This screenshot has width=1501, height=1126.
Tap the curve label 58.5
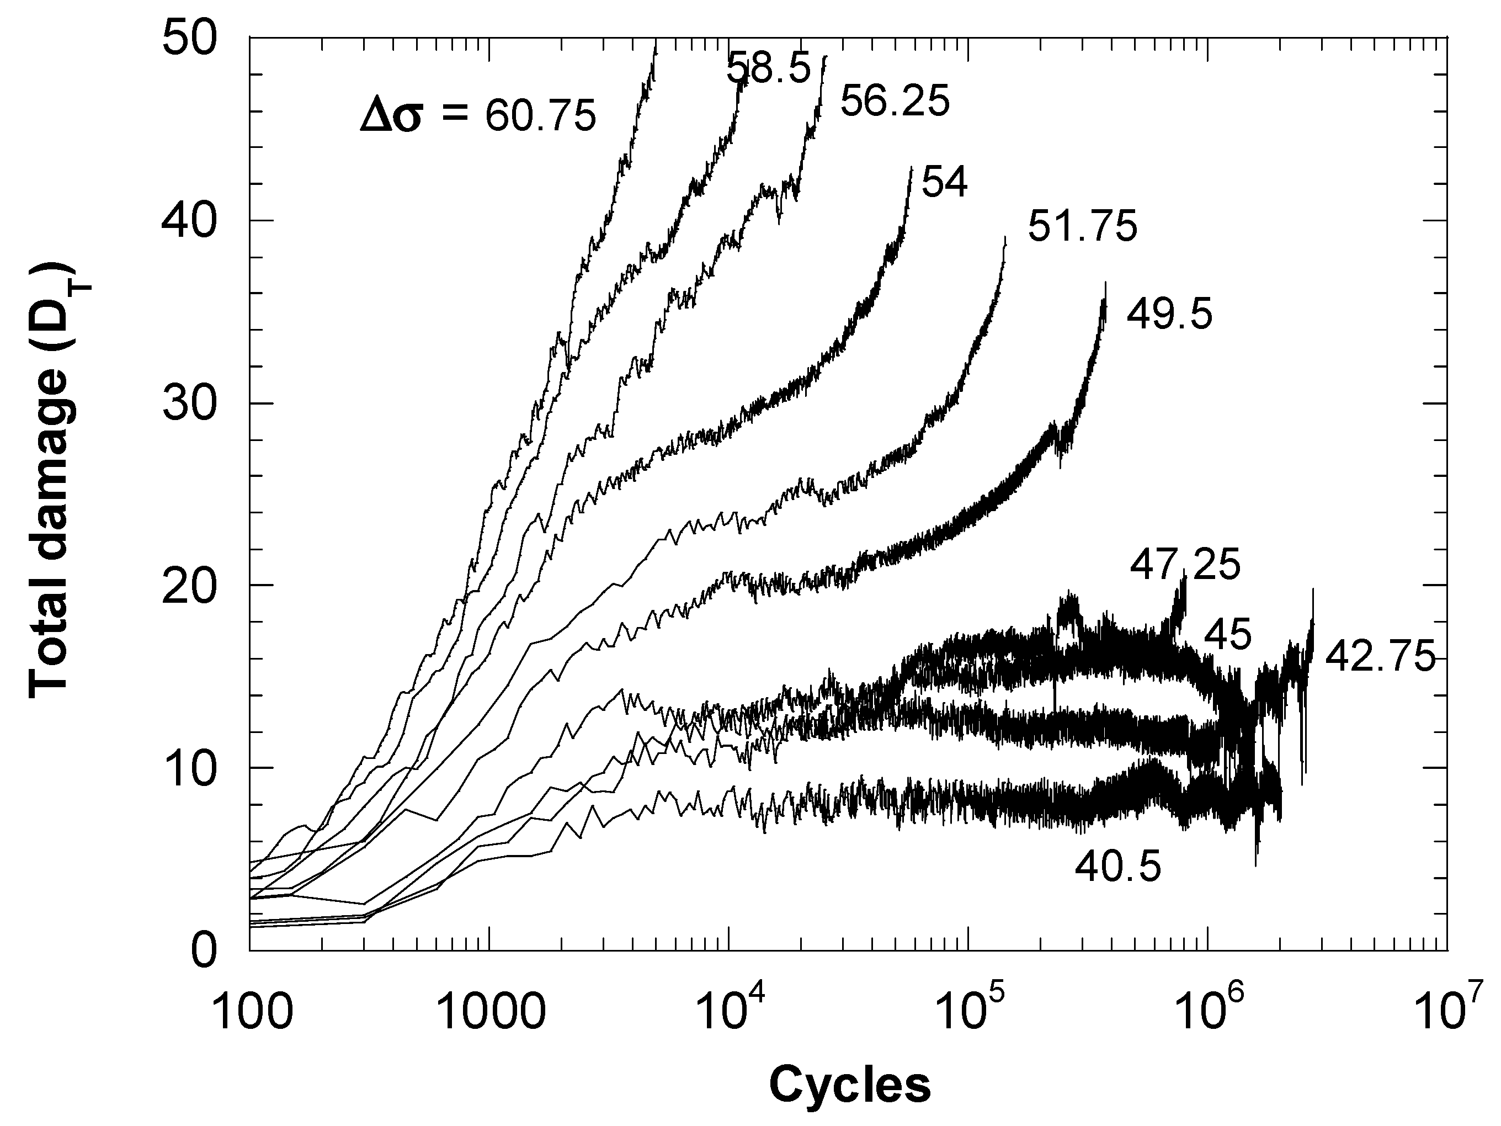768,68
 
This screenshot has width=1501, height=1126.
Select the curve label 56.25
895,103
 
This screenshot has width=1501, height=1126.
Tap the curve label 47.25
1185,565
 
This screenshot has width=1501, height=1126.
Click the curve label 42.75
1380,657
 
